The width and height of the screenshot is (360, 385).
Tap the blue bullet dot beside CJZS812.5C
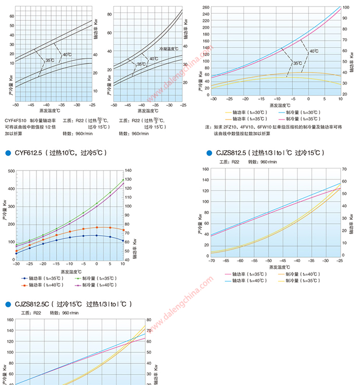click(8, 304)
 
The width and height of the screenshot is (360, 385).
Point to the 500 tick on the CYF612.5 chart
click(11, 171)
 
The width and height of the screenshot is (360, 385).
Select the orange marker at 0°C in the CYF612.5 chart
click(96, 227)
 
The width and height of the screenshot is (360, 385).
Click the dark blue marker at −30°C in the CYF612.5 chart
click(17, 253)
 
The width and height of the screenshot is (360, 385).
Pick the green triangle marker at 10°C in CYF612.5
click(123, 179)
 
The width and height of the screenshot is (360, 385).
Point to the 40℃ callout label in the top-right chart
click(314, 51)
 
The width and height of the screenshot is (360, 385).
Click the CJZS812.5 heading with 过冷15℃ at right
click(269, 153)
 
